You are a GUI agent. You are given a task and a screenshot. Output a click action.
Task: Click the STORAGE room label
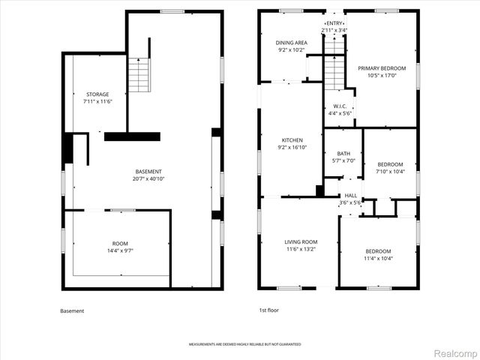click(x=97, y=94)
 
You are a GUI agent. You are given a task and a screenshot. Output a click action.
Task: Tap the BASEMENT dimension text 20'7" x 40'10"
click(x=148, y=179)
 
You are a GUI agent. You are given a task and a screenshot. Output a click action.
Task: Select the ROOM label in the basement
click(x=120, y=244)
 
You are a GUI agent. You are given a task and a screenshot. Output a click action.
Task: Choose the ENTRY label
click(x=334, y=24)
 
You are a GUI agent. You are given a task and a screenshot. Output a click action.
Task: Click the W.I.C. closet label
click(x=338, y=106)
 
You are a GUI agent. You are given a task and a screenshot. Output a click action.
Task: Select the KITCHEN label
click(x=292, y=140)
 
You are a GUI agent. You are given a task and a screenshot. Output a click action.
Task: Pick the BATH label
click(x=343, y=154)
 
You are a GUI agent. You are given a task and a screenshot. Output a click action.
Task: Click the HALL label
click(x=350, y=195)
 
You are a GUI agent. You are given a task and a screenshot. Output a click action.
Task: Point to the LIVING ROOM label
click(x=301, y=241)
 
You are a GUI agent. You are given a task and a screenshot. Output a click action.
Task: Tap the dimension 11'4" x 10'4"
click(x=378, y=259)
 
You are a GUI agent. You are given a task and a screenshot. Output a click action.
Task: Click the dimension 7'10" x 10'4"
click(x=390, y=172)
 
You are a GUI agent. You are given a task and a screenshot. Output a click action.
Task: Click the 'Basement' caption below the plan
click(x=72, y=310)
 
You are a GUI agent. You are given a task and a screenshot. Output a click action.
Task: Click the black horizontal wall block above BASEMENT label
click(x=132, y=136)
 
